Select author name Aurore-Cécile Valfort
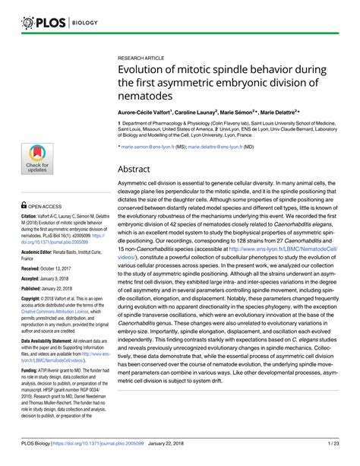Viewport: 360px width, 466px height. pos(144,112)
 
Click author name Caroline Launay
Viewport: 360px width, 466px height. pos(201,112)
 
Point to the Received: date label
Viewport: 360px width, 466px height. pos(34,268)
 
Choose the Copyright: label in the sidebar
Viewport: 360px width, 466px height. pos(35,300)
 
